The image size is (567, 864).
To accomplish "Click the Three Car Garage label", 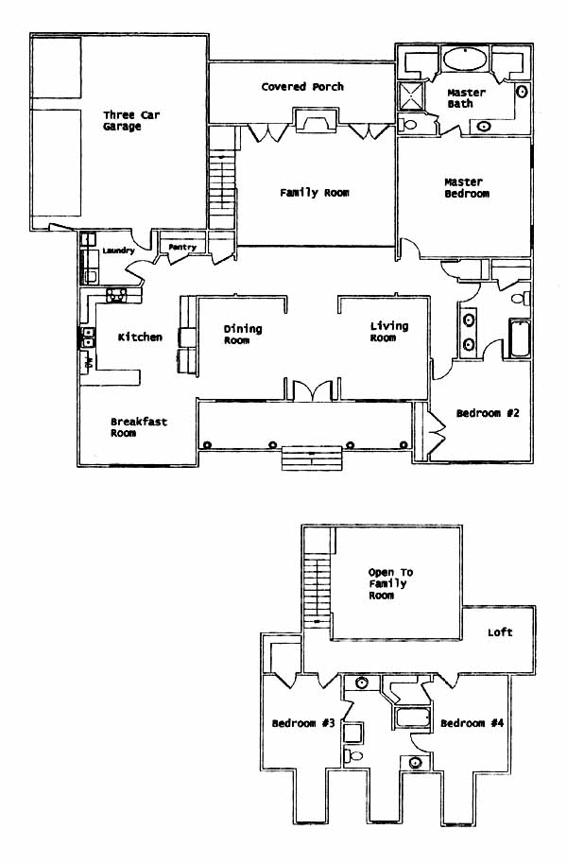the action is [131, 121].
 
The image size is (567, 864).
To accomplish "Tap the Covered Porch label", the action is [302, 87].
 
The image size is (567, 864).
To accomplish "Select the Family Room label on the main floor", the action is [314, 193].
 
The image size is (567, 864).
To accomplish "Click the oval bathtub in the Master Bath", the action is [466, 59].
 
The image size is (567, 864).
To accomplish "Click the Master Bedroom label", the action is [467, 187].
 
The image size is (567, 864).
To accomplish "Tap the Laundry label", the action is [118, 251].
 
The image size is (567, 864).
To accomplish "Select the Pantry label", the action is [182, 248].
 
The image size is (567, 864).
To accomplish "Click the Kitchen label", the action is [140, 337].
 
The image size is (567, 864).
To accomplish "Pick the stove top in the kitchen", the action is [116, 295].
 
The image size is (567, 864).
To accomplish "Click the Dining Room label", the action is [243, 335].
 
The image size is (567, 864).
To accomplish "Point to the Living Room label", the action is [389, 332].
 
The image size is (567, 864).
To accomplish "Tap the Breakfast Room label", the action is [138, 427].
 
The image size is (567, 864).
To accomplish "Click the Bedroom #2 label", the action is [488, 413].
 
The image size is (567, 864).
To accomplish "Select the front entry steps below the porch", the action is [313, 458].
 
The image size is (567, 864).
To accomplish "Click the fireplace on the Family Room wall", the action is [316, 121].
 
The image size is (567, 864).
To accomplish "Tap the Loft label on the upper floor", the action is [500, 632].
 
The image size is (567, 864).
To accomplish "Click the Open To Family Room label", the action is [390, 584].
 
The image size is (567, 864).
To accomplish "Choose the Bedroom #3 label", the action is [303, 723].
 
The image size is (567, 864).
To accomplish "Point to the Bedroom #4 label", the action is [472, 723].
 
